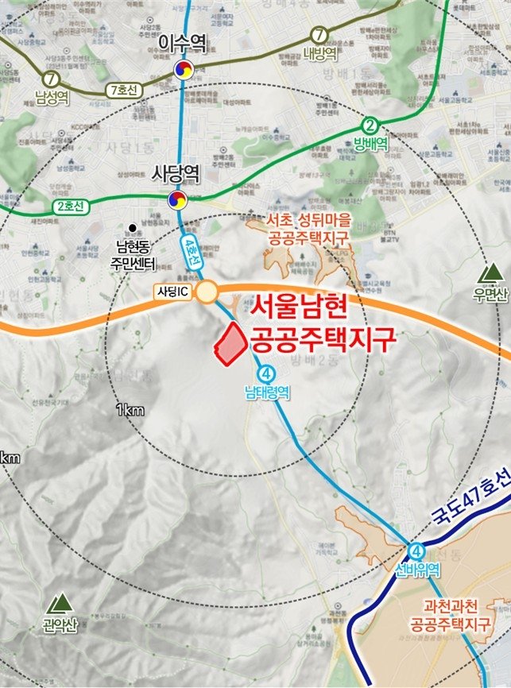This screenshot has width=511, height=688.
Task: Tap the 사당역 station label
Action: click(176, 172)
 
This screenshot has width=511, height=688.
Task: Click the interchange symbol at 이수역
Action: click(184, 71)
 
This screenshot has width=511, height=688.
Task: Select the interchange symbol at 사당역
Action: click(176, 200)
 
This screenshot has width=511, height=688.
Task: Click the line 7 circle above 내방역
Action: click(319, 35)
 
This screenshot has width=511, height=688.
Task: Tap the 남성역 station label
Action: click(52, 99)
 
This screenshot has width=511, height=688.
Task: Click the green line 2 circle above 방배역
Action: click(370, 125)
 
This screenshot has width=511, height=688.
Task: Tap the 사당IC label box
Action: click(172, 292)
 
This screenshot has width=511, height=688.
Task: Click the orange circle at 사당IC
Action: click(207, 292)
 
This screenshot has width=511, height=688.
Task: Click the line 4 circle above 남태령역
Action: click(265, 373)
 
